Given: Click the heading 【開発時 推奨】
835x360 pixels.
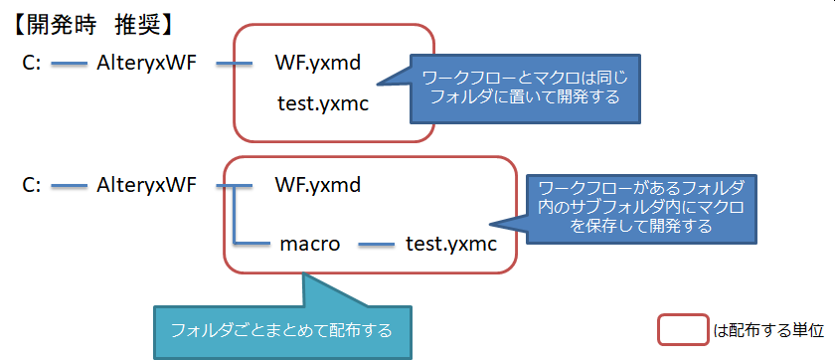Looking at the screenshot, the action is point(93,27).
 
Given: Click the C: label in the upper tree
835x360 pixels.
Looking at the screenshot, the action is point(32,64).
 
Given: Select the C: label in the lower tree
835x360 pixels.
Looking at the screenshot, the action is point(32,185).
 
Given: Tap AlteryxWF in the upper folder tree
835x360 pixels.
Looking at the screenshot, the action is point(147,64).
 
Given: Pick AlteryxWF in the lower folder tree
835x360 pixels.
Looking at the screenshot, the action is point(147,186).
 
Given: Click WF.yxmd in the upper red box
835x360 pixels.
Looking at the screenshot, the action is point(318,64).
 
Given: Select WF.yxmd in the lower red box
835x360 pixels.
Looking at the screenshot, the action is point(318,186).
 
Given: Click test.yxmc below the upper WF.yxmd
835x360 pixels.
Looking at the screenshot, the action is point(323,103).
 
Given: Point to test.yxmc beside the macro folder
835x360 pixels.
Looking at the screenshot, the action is point(451,245).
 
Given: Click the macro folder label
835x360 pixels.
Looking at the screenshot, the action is point(310,245).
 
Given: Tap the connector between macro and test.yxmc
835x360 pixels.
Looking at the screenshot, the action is point(376,245).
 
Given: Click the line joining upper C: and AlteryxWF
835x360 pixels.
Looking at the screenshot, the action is point(70,64).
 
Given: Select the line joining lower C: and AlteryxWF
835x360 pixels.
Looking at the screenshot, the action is point(70,186).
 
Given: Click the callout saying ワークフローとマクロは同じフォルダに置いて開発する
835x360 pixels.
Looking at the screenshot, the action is point(525,89).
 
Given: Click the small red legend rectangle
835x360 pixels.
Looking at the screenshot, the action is point(684,330).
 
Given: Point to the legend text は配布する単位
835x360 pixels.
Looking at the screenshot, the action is point(768,331).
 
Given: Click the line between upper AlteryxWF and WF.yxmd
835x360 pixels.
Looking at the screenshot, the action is point(235,64).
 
